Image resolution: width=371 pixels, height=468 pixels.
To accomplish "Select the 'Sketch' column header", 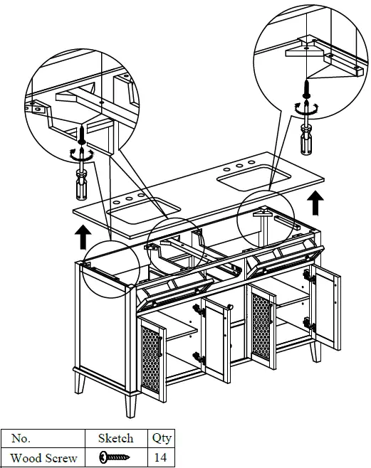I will click(115, 439).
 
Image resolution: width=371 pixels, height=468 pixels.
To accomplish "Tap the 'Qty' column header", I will click(162, 439).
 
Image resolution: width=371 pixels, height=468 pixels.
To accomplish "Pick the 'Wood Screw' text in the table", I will click(43, 457).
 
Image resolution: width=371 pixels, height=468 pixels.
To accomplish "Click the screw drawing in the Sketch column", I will click(114, 457).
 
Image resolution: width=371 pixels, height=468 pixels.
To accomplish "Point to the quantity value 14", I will click(162, 457).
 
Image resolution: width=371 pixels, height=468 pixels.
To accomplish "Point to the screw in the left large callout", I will click(83, 135).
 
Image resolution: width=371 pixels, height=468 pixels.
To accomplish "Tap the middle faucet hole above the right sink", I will click(239, 166).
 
